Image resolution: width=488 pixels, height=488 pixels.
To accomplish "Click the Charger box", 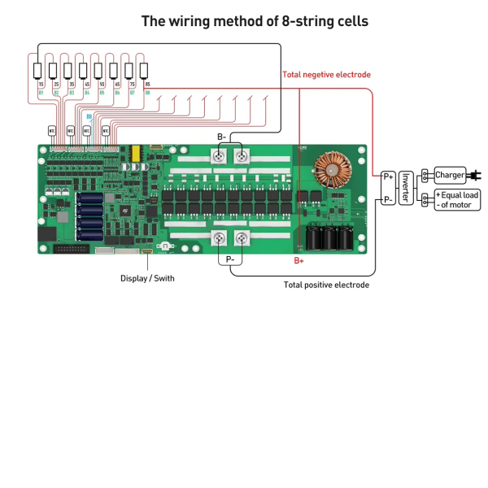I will (450, 175).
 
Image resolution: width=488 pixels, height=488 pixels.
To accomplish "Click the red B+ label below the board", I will (298, 261).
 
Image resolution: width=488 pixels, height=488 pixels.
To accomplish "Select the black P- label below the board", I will (230, 259).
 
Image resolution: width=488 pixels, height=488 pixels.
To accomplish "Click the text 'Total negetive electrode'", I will (326, 75).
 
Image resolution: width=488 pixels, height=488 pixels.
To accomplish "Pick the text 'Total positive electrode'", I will (326, 285).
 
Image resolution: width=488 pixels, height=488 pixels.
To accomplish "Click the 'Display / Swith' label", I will (147, 278).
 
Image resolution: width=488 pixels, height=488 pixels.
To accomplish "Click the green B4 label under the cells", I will (85, 93).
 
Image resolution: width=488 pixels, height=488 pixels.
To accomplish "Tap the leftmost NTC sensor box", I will (53, 129).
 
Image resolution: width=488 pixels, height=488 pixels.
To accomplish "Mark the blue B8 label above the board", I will (89, 116).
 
